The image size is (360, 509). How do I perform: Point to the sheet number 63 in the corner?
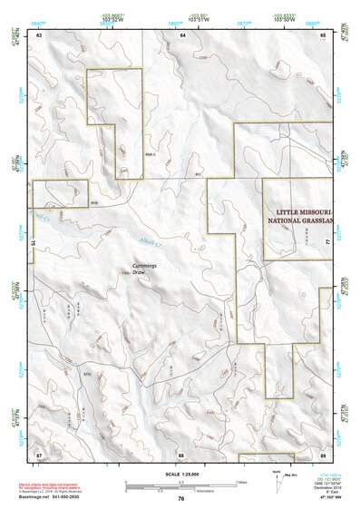pyautogui.click(x=39, y=34)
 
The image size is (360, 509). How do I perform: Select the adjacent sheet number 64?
pyautogui.click(x=182, y=34)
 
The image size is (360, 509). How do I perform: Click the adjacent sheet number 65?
pyautogui.click(x=324, y=34)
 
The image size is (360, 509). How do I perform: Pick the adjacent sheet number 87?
pyautogui.click(x=39, y=453)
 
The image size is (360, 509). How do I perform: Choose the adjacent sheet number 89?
pyautogui.click(x=324, y=453)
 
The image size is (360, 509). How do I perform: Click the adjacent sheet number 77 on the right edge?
pyautogui.click(x=326, y=244)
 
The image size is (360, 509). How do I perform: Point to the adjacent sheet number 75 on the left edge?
pyautogui.click(x=36, y=243)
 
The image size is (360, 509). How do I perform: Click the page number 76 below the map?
pyautogui.click(x=181, y=499)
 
